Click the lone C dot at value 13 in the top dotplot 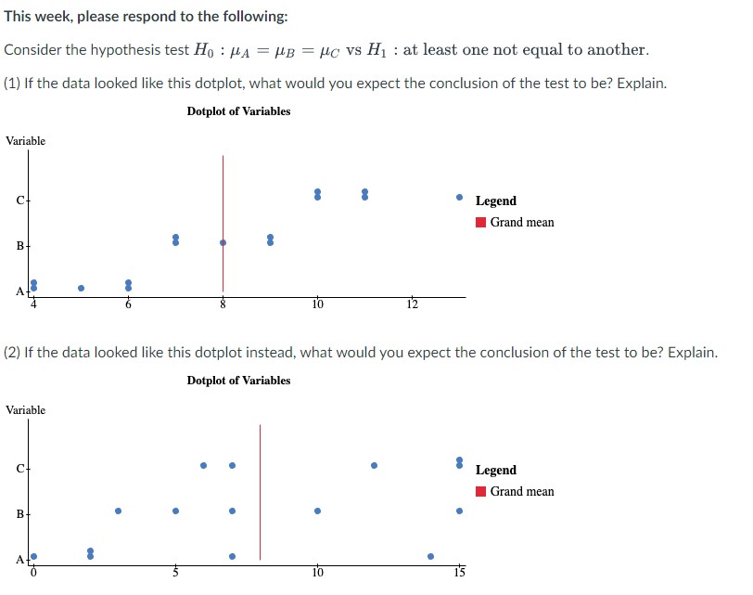[x=459, y=197]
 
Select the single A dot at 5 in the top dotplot [x=81, y=288]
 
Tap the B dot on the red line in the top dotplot [x=223, y=242]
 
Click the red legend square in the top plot [x=480, y=223]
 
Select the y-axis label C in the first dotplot [x=19, y=200]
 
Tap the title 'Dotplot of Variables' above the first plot [x=238, y=111]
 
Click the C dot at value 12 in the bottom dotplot [x=374, y=465]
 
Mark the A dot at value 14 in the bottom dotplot [x=430, y=556]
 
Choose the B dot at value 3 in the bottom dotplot [x=118, y=511]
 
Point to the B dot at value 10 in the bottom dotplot [x=317, y=511]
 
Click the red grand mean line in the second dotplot [x=260, y=492]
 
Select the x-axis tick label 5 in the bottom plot [x=174, y=572]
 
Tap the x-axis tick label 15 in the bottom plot [x=459, y=572]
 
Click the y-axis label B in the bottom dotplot [x=19, y=514]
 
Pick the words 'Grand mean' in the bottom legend [x=522, y=492]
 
